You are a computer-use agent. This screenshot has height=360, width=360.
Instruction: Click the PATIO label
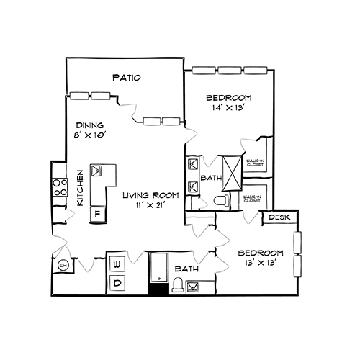pyautogui.click(x=126, y=78)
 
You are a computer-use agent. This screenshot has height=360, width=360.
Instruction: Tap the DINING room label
pyautogui.click(x=90, y=124)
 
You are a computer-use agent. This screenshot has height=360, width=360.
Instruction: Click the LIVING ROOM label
pyautogui.click(x=150, y=195)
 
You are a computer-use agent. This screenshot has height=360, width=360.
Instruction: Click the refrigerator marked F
pyautogui.click(x=96, y=214)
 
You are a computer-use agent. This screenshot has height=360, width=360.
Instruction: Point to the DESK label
pyautogui.click(x=279, y=217)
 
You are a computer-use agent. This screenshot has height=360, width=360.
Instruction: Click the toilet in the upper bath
pyautogui.click(x=224, y=201)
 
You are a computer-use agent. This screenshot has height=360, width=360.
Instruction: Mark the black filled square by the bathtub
pyautogui.click(x=156, y=289)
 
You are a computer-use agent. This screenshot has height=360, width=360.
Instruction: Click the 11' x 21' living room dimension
pyautogui.click(x=150, y=206)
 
